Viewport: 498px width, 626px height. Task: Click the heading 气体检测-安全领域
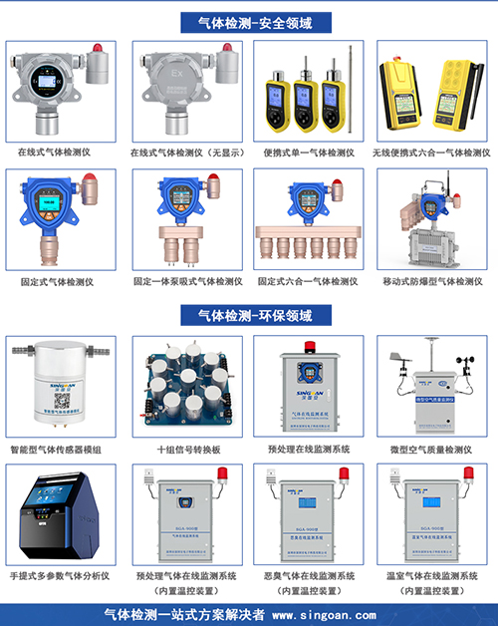pyautogui.click(x=249, y=21)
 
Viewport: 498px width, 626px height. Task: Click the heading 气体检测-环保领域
pyautogui.click(x=249, y=316)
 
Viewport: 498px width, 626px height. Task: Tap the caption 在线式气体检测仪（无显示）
pyautogui.click(x=187, y=154)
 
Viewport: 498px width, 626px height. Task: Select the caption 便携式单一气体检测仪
pyautogui.click(x=309, y=154)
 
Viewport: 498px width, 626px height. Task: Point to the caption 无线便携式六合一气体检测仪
pyautogui.click(x=431, y=154)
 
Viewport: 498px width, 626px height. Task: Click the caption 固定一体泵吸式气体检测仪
pyautogui.click(x=187, y=282)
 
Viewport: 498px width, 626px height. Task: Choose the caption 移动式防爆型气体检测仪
pyautogui.click(x=431, y=282)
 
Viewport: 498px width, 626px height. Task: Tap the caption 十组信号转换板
pyautogui.click(x=187, y=450)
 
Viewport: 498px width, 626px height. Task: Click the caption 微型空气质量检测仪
pyautogui.click(x=431, y=450)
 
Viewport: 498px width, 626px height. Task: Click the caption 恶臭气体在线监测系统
pyautogui.click(x=309, y=576)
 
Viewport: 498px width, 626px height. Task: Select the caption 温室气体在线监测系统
pyautogui.click(x=431, y=576)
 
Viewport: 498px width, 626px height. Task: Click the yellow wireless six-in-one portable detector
pyautogui.click(x=431, y=95)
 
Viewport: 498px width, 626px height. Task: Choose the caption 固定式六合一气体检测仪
pyautogui.click(x=309, y=282)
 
